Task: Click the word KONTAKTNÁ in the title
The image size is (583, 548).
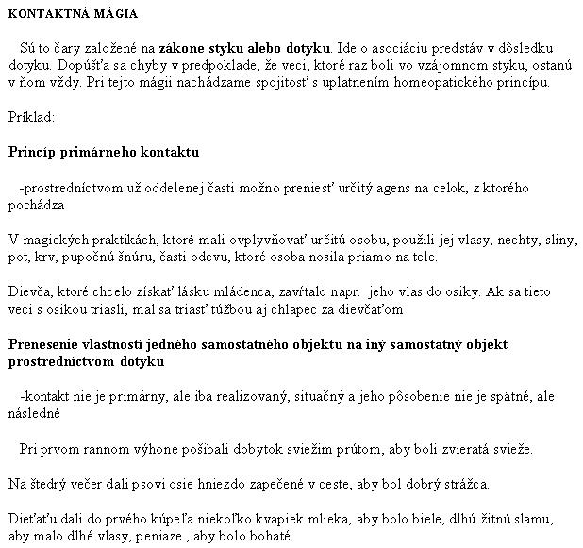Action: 44,15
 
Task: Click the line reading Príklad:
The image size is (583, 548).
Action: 31,118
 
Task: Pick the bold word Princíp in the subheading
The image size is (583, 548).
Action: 32,153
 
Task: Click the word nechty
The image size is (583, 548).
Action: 495,240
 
